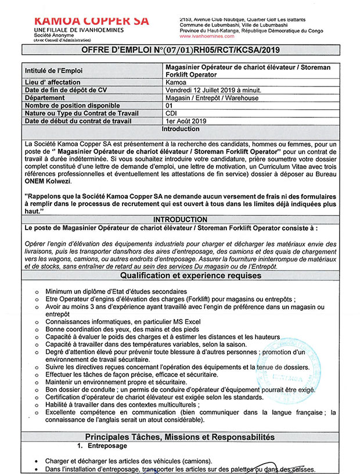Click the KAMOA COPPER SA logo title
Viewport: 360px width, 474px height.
(x=92, y=20)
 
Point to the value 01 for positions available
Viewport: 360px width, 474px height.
(x=170, y=106)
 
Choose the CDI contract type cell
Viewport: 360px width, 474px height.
(x=171, y=113)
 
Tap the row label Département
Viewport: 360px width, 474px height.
(x=46, y=98)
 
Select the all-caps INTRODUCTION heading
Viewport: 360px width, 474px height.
(x=179, y=220)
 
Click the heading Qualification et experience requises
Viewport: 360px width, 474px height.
(x=179, y=275)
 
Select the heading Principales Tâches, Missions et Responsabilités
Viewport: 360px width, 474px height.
(x=179, y=436)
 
